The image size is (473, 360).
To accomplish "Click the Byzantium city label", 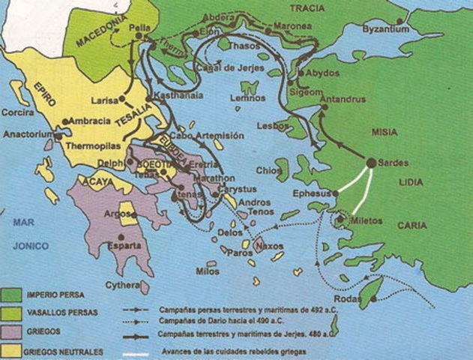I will point(386,29).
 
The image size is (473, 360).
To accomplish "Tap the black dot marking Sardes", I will point(371,162).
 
